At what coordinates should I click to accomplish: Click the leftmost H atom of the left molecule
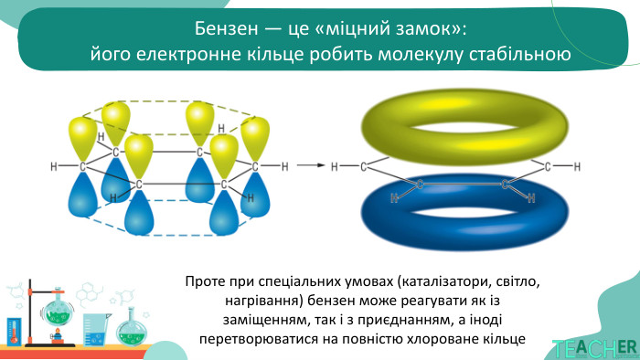(x=55, y=166)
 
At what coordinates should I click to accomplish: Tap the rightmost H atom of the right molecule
(x=577, y=166)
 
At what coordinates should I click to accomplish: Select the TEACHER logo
(x=594, y=348)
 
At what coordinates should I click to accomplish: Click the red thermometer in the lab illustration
(x=13, y=330)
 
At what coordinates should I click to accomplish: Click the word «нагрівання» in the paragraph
(x=256, y=301)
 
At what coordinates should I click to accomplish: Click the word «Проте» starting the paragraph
(x=205, y=281)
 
